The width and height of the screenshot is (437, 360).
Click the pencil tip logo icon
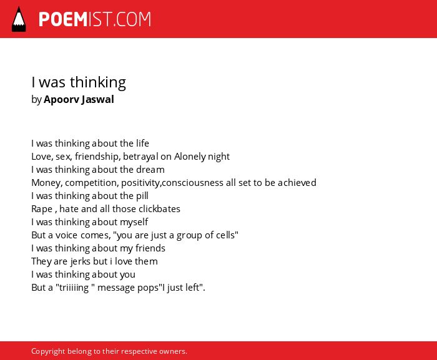pyautogui.click(x=19, y=19)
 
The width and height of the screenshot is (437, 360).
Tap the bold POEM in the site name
pyautogui.click(x=63, y=19)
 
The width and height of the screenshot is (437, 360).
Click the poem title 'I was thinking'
pyautogui.click(x=79, y=82)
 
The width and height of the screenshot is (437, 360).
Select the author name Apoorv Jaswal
pyautogui.click(x=79, y=99)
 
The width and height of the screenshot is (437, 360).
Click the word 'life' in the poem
pyautogui.click(x=142, y=144)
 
